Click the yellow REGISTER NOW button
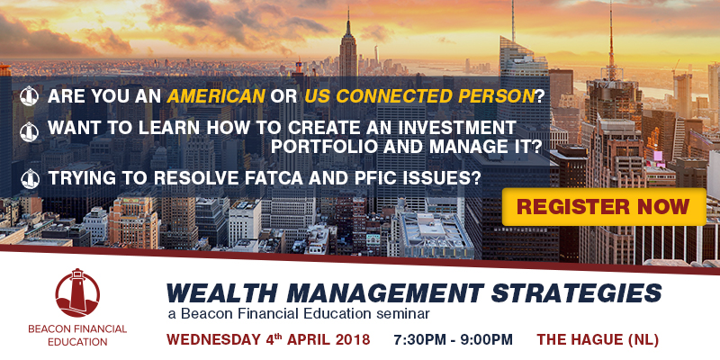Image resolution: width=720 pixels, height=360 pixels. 604,207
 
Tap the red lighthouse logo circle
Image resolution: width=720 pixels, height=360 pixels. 77,293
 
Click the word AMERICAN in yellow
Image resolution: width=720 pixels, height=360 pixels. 216,96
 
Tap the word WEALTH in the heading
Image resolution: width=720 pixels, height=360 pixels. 222,293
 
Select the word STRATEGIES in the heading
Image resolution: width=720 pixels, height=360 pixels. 576,293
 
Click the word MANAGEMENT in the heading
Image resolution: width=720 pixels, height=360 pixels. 385,293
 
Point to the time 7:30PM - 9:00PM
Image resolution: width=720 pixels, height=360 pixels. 453,340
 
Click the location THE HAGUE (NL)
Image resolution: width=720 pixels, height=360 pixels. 598,340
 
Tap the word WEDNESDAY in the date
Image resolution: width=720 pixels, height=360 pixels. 213,340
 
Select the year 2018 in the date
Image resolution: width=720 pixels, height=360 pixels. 352,340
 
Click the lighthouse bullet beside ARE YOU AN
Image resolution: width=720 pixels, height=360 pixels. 30,96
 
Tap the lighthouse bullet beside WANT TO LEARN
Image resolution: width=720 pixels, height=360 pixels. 30,132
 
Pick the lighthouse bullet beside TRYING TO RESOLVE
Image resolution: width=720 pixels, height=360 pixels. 31,178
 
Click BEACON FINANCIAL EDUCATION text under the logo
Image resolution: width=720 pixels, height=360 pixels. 77,335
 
